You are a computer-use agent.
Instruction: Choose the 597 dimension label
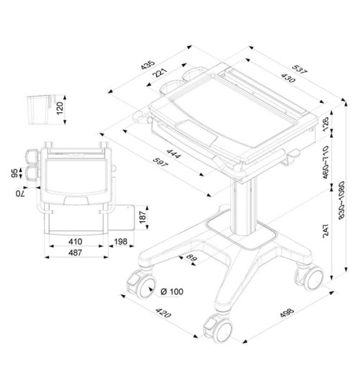tap(159, 165)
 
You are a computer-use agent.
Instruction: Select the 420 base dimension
tap(163, 315)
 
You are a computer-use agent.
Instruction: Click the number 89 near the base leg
tap(192, 258)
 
